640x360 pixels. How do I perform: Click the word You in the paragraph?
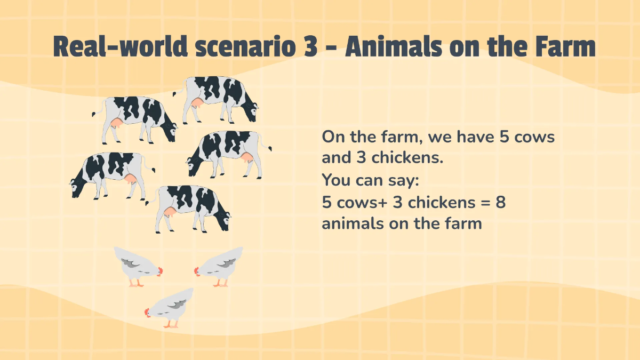pyautogui.click(x=336, y=180)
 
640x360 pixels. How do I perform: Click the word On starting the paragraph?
pyautogui.click(x=332, y=137)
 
